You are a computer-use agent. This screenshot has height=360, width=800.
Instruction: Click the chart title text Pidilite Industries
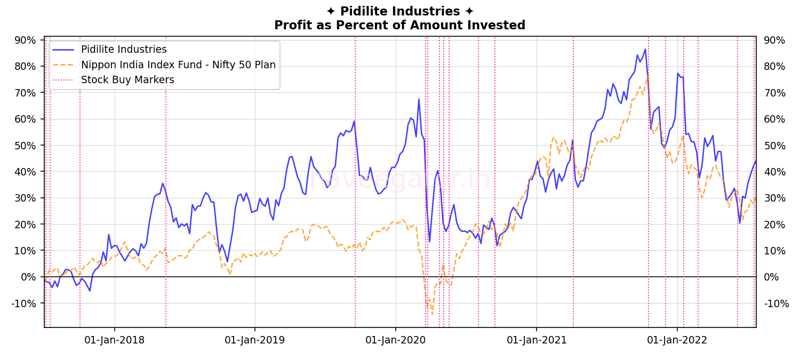[x=399, y=12]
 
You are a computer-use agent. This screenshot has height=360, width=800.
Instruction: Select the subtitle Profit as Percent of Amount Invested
[x=399, y=25]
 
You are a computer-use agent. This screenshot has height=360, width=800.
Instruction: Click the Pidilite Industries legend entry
[x=124, y=50]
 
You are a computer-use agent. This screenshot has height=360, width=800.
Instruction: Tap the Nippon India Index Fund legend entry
[x=178, y=65]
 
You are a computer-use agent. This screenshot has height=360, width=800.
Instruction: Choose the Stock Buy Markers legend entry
[x=127, y=80]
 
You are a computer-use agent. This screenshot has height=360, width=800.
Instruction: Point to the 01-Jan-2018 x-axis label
[x=114, y=340]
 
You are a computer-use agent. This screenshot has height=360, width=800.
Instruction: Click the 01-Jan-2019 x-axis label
[x=254, y=340]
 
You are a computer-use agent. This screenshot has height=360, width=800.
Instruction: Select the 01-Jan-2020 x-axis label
[x=395, y=340]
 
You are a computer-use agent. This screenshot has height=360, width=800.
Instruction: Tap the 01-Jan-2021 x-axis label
[x=536, y=340]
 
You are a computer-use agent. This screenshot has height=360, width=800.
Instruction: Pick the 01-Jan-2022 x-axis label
[x=677, y=340]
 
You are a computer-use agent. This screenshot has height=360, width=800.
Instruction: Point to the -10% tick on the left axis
[x=24, y=303]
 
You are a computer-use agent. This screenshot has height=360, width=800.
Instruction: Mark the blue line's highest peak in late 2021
[x=645, y=49]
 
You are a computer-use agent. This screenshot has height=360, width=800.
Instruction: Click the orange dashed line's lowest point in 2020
[x=432, y=314]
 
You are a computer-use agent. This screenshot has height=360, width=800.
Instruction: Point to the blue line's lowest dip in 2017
[x=90, y=291]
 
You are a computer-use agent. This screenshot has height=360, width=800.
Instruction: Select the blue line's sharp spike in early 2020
[x=419, y=99]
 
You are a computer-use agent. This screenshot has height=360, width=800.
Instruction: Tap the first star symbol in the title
[x=331, y=12]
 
